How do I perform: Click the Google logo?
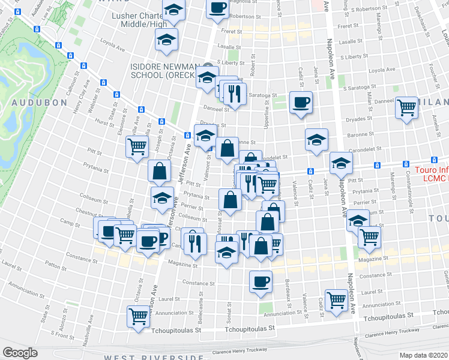(20, 353)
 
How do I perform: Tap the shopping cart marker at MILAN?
(407, 108)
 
